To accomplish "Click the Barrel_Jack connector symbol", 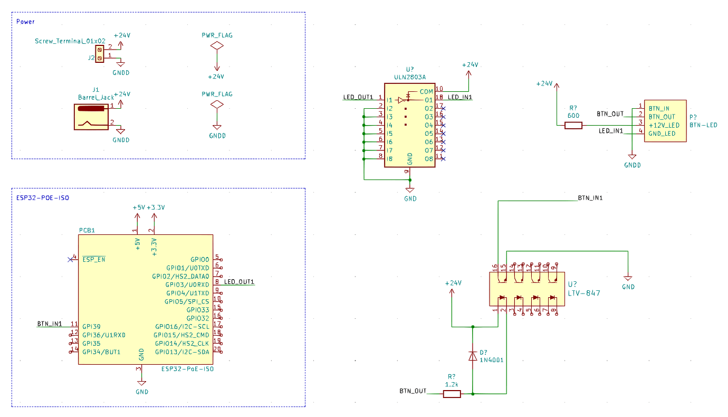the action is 91,117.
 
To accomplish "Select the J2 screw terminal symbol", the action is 100,54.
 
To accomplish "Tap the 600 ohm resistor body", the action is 573,125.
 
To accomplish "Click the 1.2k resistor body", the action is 452,394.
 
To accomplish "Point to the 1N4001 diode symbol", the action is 473,356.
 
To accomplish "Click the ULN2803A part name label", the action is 410,77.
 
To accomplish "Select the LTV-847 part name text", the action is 584,293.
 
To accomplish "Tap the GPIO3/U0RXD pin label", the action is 187,285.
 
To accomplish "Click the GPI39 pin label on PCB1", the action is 91,326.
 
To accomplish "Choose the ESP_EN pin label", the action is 93,259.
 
